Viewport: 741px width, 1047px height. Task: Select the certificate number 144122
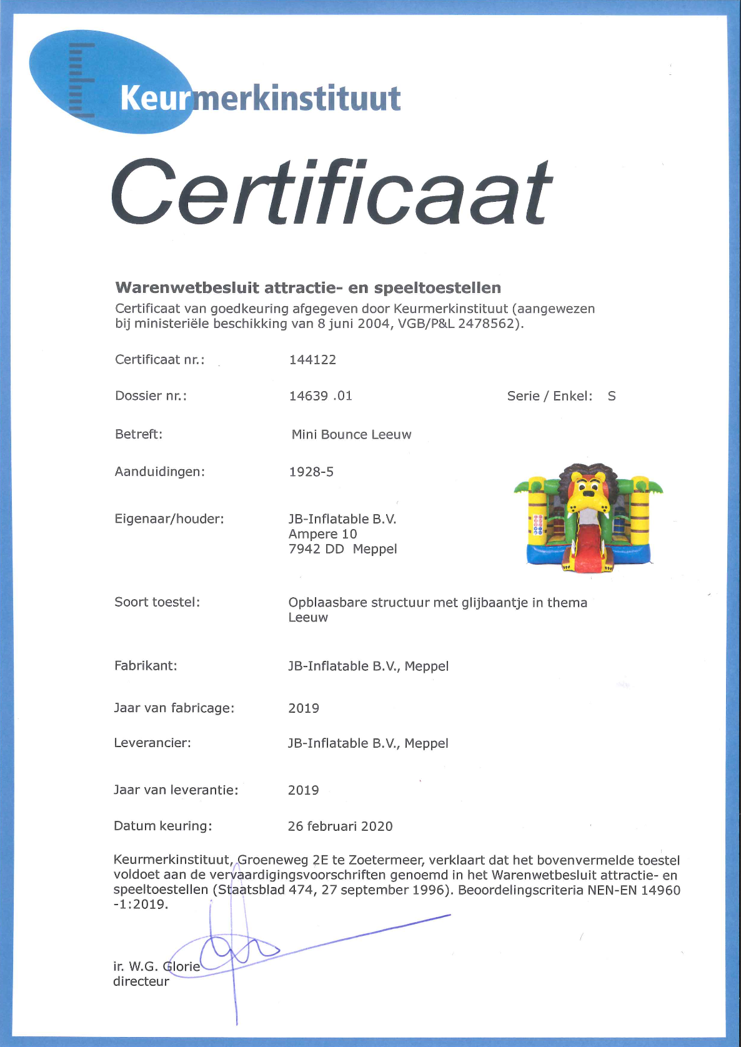[312, 360]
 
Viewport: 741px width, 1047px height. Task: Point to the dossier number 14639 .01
[321, 396]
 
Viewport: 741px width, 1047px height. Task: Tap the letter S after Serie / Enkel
[612, 396]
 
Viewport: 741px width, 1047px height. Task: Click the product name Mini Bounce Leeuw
[351, 435]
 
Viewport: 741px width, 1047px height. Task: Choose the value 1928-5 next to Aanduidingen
[311, 472]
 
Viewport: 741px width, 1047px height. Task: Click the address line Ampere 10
[322, 534]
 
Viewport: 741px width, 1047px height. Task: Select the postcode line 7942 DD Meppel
[342, 549]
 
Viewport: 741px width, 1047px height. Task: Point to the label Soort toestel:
[157, 602]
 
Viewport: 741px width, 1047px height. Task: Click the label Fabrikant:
[146, 666]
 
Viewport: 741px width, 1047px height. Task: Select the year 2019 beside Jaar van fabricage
[304, 708]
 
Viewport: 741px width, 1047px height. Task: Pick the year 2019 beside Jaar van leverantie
[304, 790]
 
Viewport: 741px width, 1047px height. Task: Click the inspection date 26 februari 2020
[340, 826]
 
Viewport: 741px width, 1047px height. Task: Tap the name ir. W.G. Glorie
[156, 966]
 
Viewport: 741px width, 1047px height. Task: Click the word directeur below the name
[141, 981]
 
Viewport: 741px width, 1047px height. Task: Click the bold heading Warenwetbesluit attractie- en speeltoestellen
[308, 288]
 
